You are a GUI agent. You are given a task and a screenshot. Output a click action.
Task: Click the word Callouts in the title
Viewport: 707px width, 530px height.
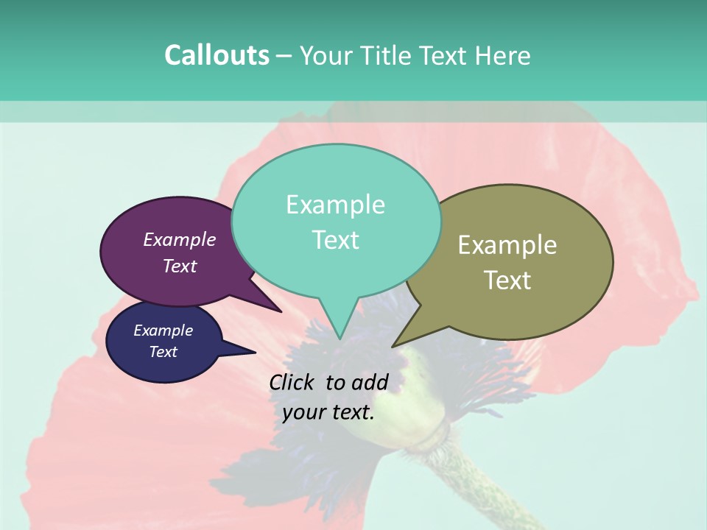point(217,56)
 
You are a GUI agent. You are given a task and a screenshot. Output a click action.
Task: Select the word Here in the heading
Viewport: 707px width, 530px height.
point(502,56)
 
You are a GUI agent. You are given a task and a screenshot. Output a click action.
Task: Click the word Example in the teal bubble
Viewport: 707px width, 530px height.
point(335,205)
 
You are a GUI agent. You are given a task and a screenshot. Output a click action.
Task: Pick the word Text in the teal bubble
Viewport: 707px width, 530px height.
point(335,240)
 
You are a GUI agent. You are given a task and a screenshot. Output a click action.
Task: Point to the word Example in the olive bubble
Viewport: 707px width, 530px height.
point(507,245)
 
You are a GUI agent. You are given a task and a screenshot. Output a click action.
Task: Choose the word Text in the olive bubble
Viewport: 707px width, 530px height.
point(507,280)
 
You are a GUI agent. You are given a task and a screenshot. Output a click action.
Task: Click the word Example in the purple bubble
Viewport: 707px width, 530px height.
point(180,240)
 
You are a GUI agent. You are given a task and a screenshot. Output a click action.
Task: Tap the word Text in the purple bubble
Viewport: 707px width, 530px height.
point(180,266)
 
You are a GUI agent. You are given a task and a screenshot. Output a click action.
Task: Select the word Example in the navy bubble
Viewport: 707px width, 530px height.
point(163,331)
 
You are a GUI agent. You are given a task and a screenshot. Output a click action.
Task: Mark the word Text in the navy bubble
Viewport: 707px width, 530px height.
point(163,352)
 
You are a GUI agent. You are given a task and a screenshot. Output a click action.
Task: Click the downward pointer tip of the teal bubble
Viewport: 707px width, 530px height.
point(340,338)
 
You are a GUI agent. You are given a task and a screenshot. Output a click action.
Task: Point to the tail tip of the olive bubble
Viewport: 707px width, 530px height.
point(394,345)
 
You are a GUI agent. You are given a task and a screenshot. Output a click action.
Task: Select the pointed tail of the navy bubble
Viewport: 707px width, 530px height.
point(253,352)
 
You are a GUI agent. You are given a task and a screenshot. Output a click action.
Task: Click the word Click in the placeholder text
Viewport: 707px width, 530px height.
point(293,382)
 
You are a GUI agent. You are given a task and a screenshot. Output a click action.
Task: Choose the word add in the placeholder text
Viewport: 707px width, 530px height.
point(370,382)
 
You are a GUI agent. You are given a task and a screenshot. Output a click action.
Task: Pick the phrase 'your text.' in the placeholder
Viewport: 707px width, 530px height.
point(328,413)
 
